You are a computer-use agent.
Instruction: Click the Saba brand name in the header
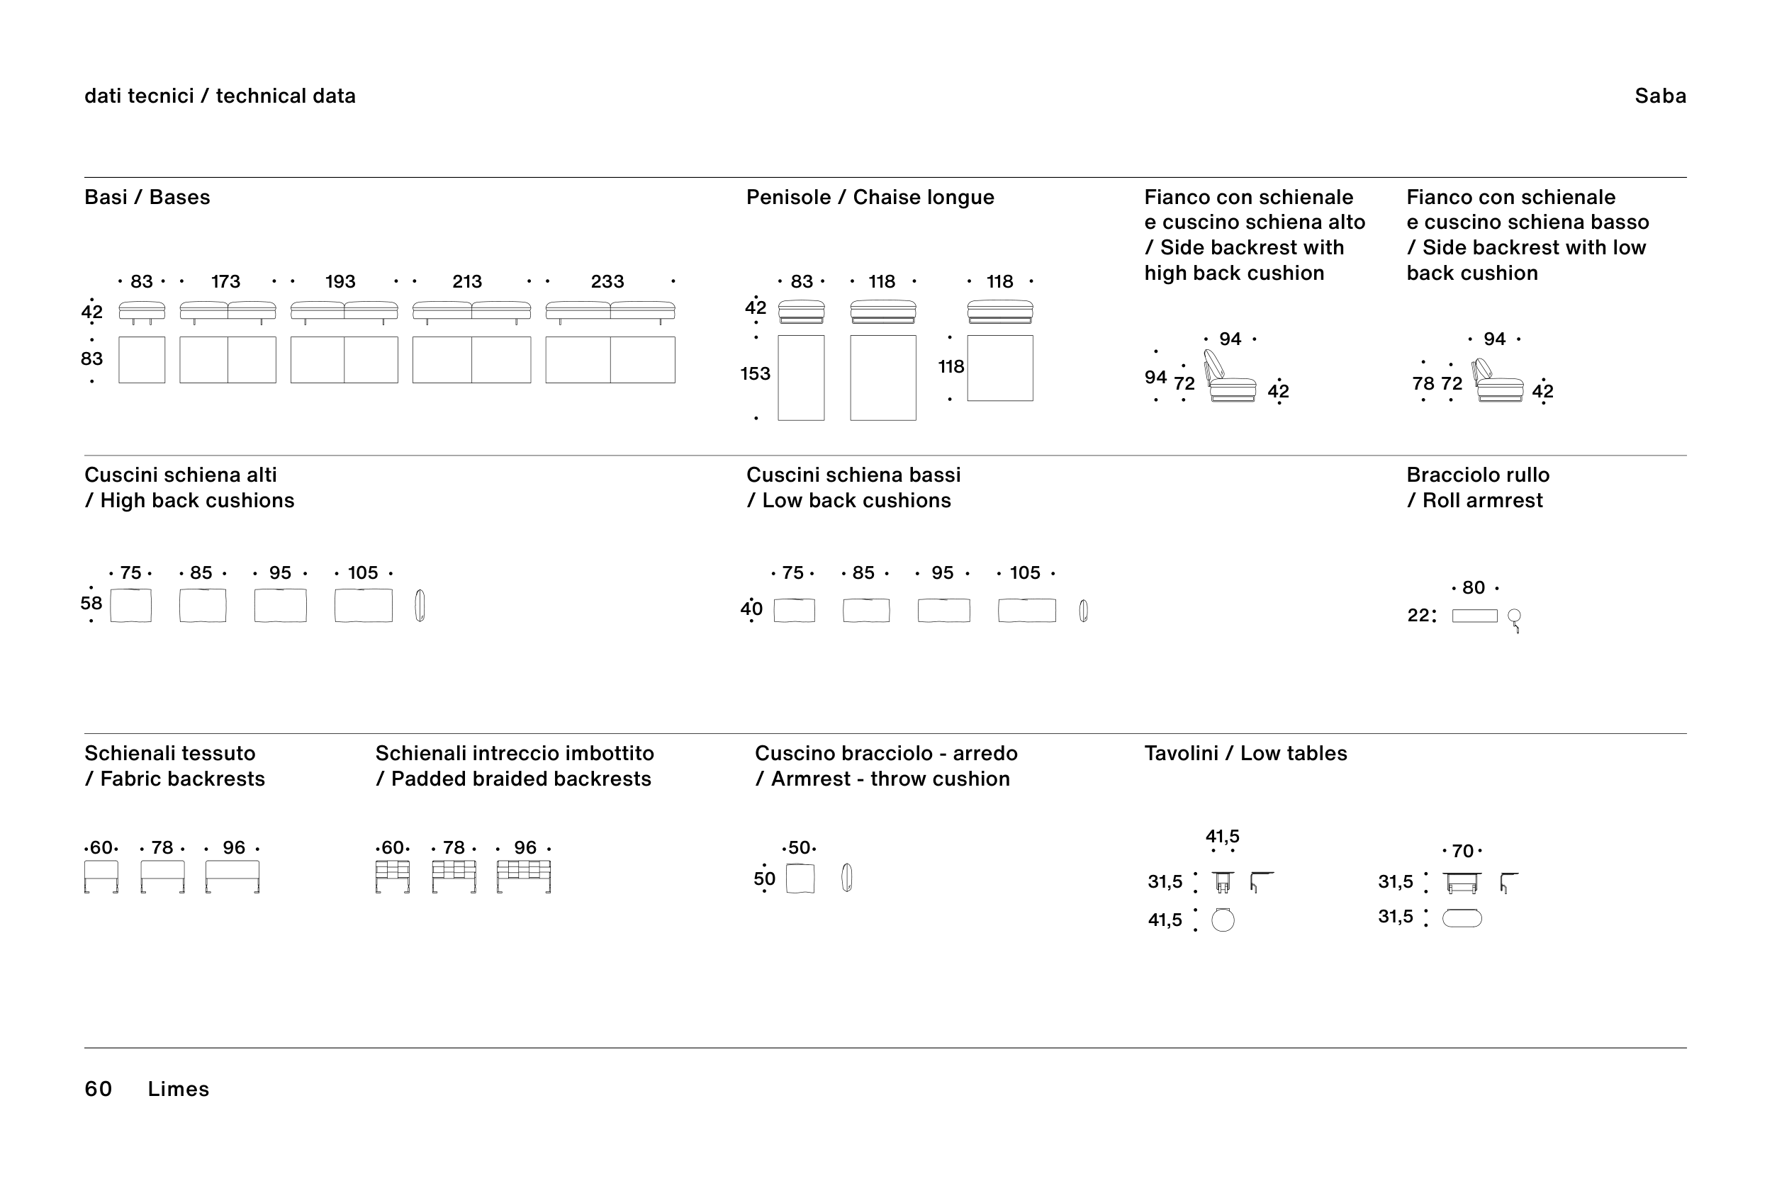point(1660,96)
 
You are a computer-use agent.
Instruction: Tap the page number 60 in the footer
point(98,1088)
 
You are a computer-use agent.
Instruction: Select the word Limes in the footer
point(179,1088)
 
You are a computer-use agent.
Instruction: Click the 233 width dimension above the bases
point(607,281)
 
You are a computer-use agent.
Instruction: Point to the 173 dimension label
point(225,281)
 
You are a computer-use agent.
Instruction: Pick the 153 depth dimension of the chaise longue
point(755,373)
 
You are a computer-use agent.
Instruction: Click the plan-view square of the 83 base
point(142,360)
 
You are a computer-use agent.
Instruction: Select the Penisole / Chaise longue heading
point(870,198)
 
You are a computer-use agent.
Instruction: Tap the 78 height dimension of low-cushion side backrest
point(1423,383)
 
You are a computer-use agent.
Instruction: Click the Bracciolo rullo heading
point(1478,475)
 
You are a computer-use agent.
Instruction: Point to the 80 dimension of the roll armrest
point(1474,587)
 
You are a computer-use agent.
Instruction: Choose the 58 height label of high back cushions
point(91,604)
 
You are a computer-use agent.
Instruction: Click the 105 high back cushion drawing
point(363,606)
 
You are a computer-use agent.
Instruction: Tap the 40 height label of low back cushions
point(751,609)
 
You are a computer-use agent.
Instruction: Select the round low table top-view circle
point(1223,920)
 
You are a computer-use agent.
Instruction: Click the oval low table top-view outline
point(1462,918)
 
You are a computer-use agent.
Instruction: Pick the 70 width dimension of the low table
point(1462,851)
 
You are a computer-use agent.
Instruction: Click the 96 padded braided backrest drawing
point(524,876)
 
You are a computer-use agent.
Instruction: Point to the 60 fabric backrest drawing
point(101,876)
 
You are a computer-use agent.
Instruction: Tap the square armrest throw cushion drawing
point(800,879)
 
